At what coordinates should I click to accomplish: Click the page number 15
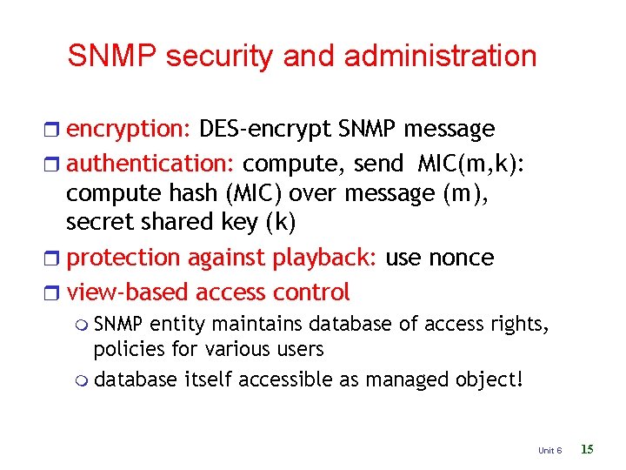(587, 449)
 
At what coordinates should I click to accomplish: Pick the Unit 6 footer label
(549, 450)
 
